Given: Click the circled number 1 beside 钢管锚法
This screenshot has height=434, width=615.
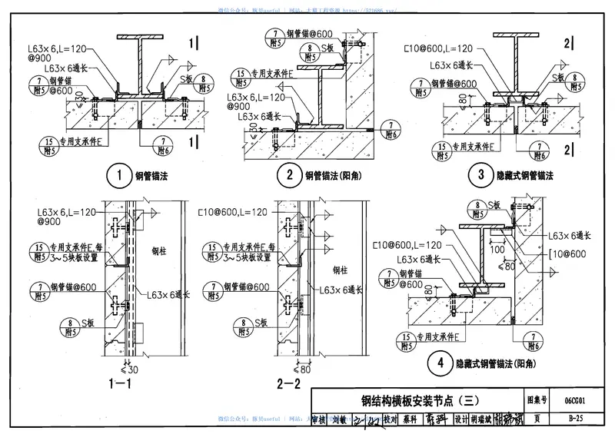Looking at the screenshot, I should [x=119, y=176].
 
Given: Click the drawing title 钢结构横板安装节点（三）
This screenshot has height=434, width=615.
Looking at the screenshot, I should [x=420, y=400].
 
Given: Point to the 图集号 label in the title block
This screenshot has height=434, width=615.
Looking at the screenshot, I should [x=536, y=400].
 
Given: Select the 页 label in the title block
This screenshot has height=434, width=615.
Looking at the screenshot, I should [x=536, y=419].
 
